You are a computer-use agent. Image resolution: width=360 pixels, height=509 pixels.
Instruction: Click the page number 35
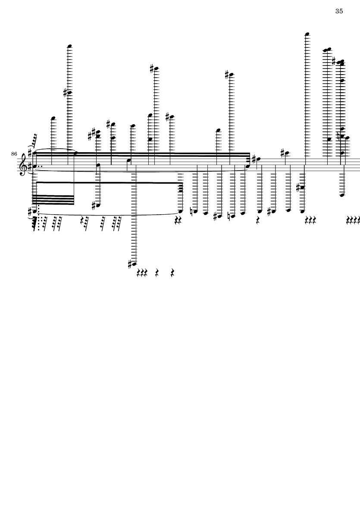click(339, 12)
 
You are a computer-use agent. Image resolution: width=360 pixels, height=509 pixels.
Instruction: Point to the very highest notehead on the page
click(307, 34)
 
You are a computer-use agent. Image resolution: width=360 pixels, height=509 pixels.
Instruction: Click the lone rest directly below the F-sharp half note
click(257, 220)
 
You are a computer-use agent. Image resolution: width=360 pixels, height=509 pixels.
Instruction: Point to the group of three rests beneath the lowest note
click(142, 273)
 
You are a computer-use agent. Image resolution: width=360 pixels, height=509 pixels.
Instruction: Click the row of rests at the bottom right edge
click(354, 220)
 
